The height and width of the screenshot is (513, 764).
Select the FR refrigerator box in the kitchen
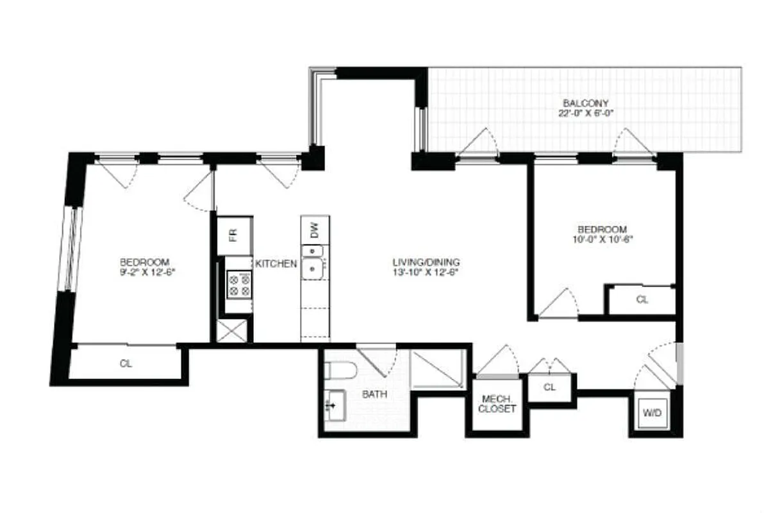pos(234,235)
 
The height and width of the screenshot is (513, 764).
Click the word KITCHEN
pos(276,264)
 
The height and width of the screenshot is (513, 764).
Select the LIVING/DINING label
pos(426,262)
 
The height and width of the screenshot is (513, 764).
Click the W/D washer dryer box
pos(652,413)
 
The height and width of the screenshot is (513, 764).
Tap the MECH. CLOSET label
pos(497,403)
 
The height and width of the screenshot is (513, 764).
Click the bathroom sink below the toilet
pos(334,406)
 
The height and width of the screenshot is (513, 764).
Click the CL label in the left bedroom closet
pos(126,364)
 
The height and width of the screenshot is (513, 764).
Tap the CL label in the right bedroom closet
pos(642,299)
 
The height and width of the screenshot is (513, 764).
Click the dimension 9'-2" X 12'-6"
pos(144,272)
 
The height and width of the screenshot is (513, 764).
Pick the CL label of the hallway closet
pos(549,387)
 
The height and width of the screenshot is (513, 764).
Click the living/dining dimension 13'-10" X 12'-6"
pos(426,272)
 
